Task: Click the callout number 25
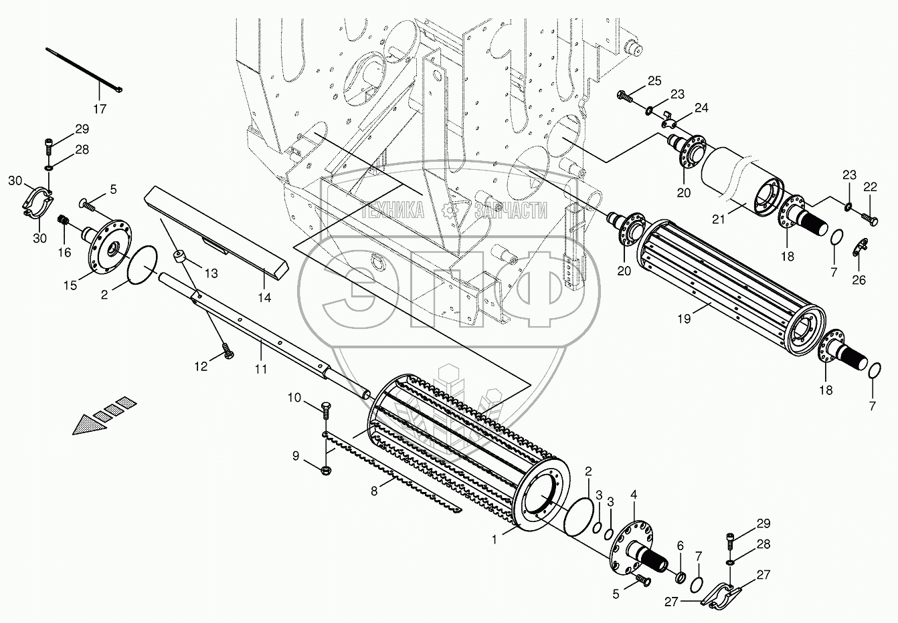(654, 81)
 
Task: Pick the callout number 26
(859, 279)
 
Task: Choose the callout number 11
(261, 368)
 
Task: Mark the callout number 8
(375, 491)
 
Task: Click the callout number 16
(64, 252)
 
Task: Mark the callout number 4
(634, 496)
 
